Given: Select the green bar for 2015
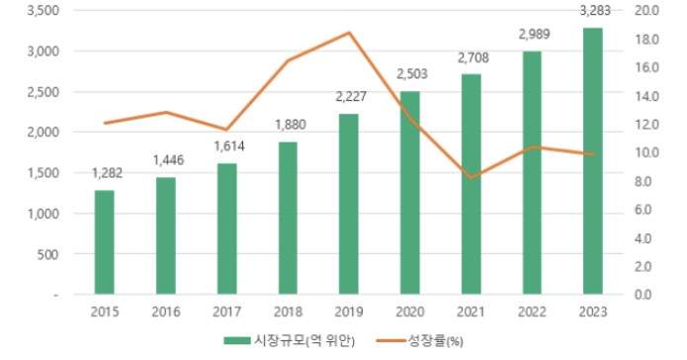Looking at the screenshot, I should click(x=105, y=242).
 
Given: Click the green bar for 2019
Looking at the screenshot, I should click(x=349, y=204).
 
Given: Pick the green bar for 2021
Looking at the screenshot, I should click(x=471, y=184).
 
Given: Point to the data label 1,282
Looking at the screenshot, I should click(x=106, y=174).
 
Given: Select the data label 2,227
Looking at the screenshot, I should click(x=349, y=97).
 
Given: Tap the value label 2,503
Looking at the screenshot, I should click(x=410, y=73).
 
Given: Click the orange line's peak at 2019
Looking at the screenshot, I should click(x=349, y=33).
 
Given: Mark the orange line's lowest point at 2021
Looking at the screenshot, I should click(x=472, y=178).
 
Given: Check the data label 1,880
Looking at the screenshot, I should click(x=289, y=126).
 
